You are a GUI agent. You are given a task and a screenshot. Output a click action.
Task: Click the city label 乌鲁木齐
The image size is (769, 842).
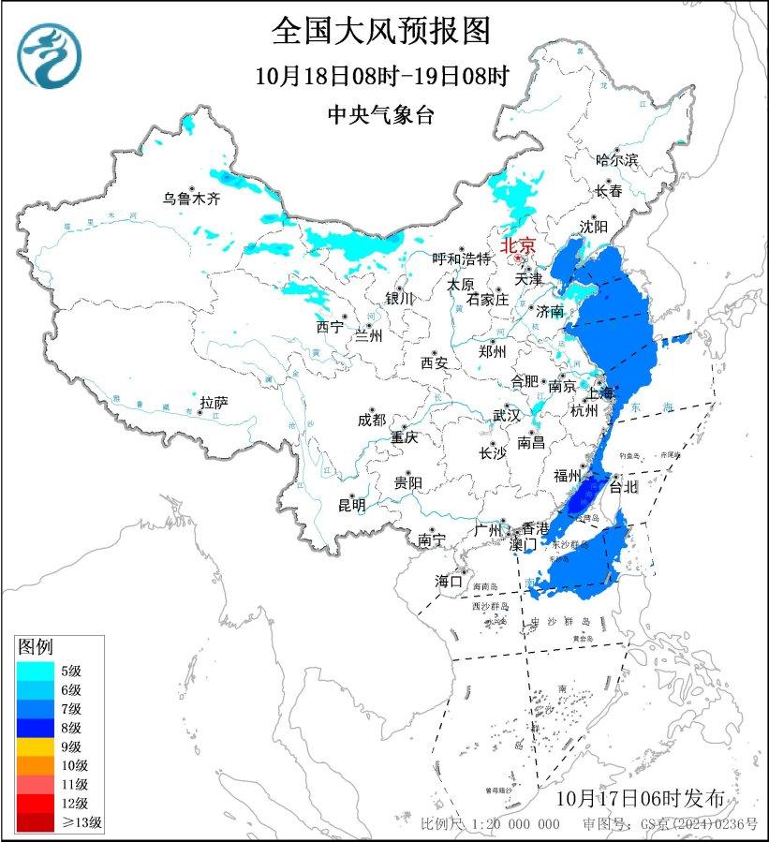point(191,198)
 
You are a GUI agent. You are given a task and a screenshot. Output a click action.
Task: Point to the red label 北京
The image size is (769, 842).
point(518,245)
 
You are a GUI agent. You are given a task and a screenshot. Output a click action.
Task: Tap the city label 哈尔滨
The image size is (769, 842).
point(616,160)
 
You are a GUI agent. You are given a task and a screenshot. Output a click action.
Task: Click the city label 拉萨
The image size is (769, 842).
point(214,403)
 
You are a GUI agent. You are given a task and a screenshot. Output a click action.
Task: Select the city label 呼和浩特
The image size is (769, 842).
point(461,259)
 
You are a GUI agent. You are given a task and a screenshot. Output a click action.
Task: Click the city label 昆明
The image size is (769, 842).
point(352,505)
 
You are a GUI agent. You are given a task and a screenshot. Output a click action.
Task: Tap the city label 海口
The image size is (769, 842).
point(450,582)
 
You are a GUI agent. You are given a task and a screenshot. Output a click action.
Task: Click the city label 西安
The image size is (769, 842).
point(435,362)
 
